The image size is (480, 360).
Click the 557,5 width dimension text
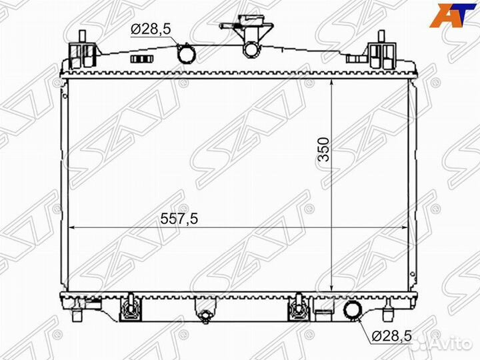pyautogui.click(x=179, y=219)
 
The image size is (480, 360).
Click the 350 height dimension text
pyautogui.click(x=323, y=149)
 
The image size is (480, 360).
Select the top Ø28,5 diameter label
pyautogui.click(x=151, y=29)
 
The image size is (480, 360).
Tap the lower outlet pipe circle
pyautogui.click(x=353, y=311)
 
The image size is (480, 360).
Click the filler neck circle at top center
pyautogui.click(x=251, y=50)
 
